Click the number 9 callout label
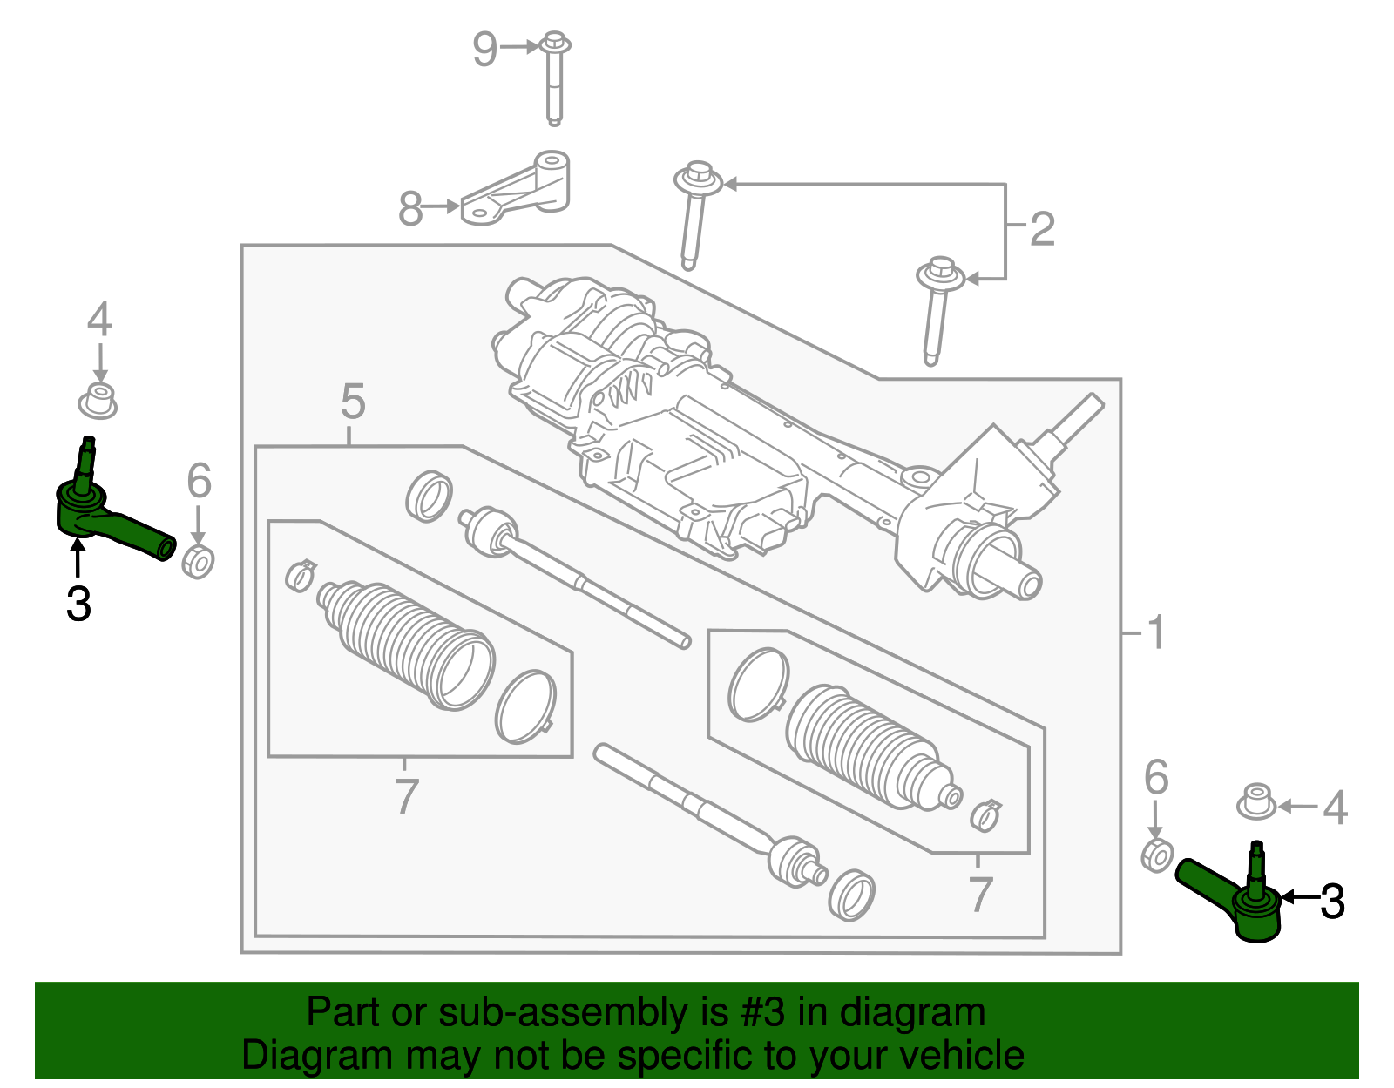[484, 49]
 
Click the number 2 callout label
[1042, 229]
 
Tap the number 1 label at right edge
[1156, 632]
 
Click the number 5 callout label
[353, 402]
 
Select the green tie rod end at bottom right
[1237, 902]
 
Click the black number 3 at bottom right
[1332, 902]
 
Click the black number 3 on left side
[78, 604]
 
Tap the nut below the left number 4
[98, 402]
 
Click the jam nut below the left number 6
[198, 561]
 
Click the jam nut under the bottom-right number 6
[1156, 855]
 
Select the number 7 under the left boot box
[406, 796]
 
